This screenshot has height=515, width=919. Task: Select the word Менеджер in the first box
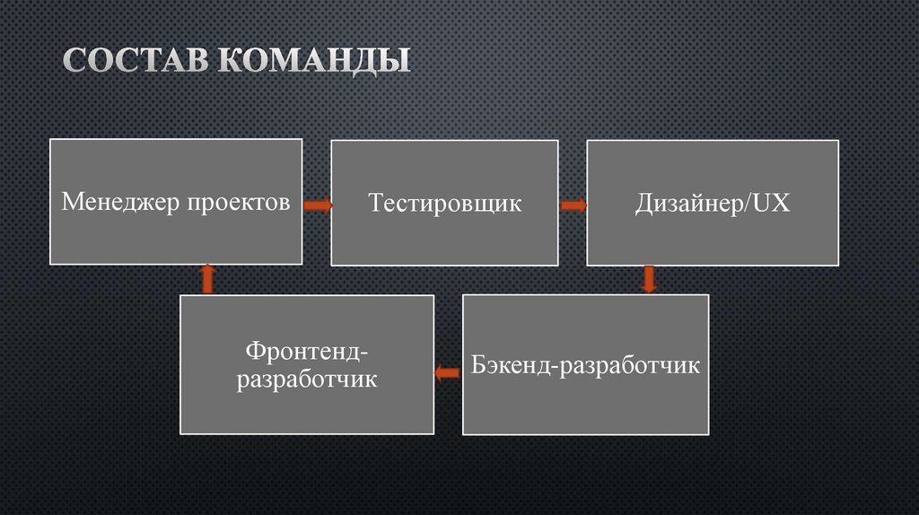coord(121,203)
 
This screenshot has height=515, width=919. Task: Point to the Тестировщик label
coord(444,204)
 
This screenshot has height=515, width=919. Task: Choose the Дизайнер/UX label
coord(713,204)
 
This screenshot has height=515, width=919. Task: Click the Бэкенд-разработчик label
coord(585,366)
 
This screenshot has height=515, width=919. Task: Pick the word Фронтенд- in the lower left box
coord(307,349)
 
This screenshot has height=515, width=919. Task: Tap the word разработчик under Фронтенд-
coord(307,380)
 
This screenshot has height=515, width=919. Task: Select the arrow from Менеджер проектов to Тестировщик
coord(317,205)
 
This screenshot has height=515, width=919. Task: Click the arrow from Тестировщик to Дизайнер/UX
coord(573,205)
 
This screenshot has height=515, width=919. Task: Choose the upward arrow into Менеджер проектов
coord(207,279)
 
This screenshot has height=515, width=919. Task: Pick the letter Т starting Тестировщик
coord(375,204)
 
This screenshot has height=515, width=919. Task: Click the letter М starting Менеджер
coord(71,203)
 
